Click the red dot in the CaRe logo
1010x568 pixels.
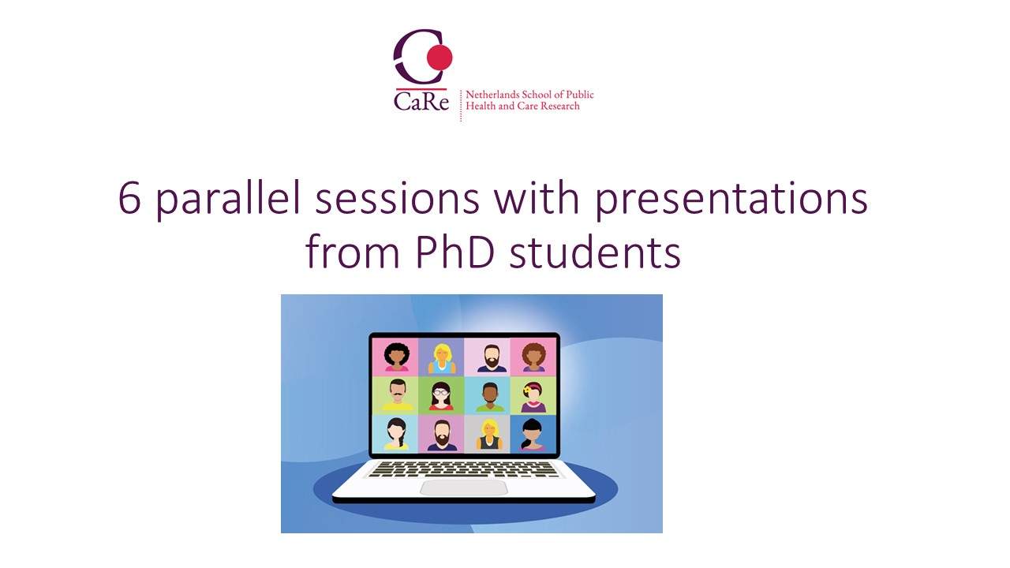click(x=440, y=58)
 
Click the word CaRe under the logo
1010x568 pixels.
click(x=421, y=101)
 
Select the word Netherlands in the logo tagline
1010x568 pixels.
click(x=492, y=95)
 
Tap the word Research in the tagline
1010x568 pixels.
click(x=560, y=106)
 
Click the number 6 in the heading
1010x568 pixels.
click(x=129, y=199)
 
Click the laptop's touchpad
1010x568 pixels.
click(x=463, y=488)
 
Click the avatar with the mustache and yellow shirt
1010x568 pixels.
click(x=397, y=395)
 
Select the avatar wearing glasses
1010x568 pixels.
click(x=441, y=396)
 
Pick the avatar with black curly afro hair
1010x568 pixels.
click(x=397, y=357)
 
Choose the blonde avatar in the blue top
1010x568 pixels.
click(x=441, y=358)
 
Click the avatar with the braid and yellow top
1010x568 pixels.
click(x=397, y=434)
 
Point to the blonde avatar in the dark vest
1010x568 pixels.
click(x=488, y=435)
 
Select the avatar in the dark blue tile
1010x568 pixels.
click(x=533, y=434)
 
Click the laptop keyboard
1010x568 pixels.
click(x=463, y=469)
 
